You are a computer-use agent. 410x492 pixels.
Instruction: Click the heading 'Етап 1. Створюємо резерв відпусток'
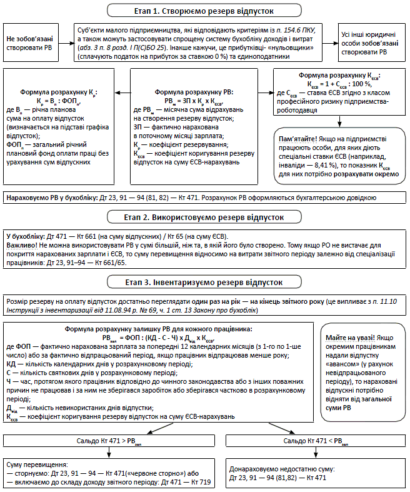(x=204, y=10)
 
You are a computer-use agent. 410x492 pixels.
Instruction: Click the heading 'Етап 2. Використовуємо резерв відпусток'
(x=204, y=218)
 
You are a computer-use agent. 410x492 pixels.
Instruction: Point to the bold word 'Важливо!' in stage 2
(x=21, y=244)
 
